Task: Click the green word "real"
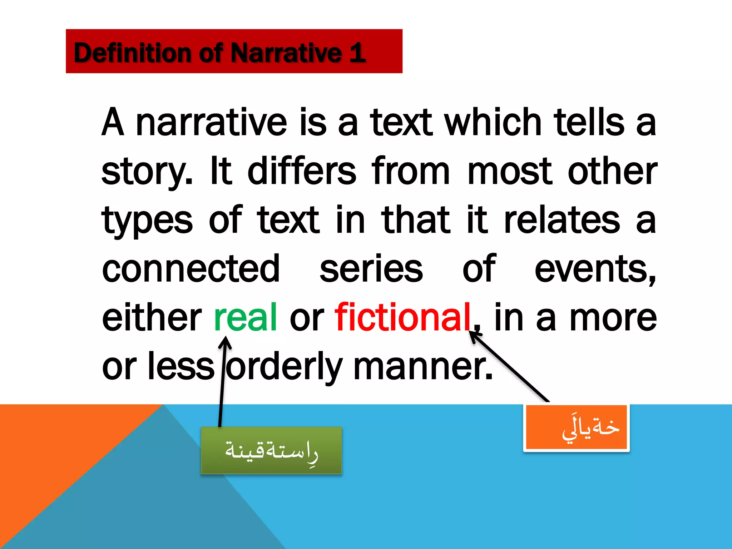(246, 317)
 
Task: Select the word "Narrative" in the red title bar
(286, 53)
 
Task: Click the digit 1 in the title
(357, 53)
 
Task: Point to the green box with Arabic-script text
(271, 450)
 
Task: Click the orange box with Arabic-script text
(576, 427)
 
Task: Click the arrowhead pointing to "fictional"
(475, 336)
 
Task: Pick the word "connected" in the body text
(191, 268)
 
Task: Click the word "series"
(371, 268)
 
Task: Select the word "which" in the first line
(493, 122)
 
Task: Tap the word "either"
(152, 317)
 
